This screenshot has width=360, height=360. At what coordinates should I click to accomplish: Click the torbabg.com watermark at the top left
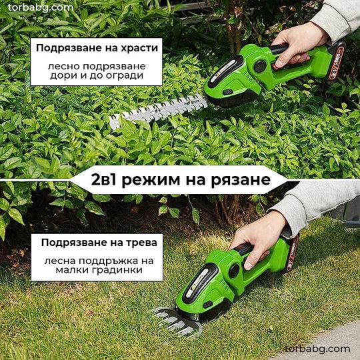pyautogui.click(x=41, y=7)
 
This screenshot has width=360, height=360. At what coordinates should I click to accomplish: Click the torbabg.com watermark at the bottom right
pyautogui.click(x=317, y=349)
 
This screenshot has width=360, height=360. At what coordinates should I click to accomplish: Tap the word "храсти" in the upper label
pyautogui.click(x=139, y=48)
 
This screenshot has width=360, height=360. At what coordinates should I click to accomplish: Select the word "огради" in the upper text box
pyautogui.click(x=125, y=75)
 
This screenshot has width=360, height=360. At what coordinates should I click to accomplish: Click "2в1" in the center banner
pyautogui.click(x=105, y=180)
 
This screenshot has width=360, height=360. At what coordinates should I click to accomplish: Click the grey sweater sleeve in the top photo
pyautogui.click(x=337, y=16)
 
